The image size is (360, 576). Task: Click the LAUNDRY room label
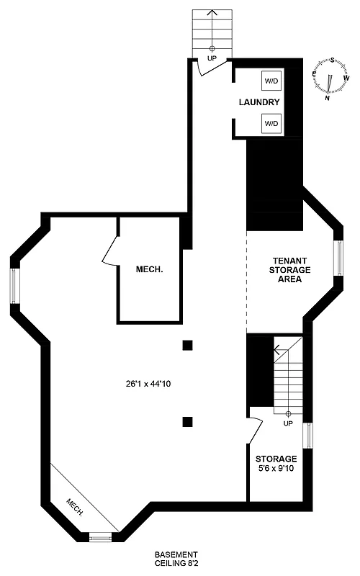tap(259, 102)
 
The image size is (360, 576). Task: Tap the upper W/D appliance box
tap(271, 81)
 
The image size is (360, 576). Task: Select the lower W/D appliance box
tap(271, 124)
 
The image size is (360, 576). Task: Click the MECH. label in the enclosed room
tap(150, 269)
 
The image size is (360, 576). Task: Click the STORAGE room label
tap(276, 459)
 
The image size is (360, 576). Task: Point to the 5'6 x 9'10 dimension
tap(276, 469)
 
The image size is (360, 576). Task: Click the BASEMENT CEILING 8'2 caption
tap(176, 559)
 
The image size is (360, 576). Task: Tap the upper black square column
tap(188, 345)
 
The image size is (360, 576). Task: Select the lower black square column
tap(188, 423)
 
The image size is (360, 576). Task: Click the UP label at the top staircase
tap(212, 57)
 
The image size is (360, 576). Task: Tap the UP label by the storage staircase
tap(288, 423)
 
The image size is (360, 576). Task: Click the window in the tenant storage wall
tap(338, 258)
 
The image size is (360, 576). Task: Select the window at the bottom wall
tap(100, 536)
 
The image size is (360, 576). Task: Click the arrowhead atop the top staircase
tap(212, 12)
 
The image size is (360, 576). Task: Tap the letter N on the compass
tap(328, 98)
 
